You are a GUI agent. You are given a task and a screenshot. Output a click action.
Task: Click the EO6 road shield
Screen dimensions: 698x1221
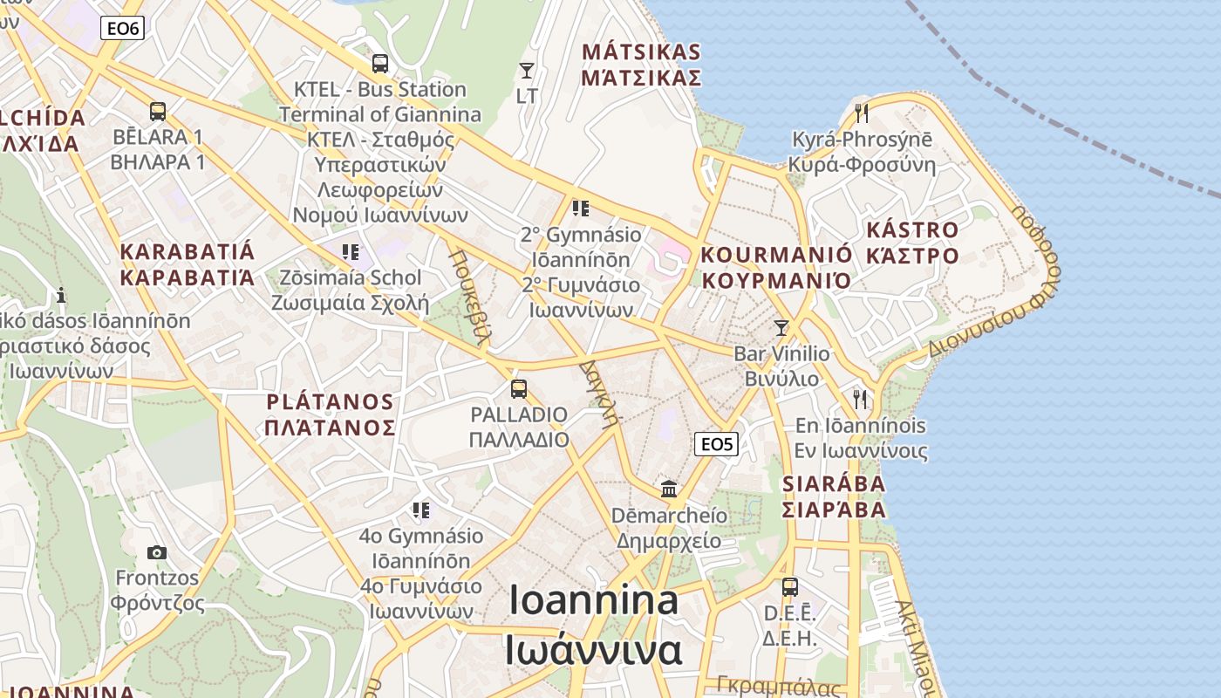click(122, 29)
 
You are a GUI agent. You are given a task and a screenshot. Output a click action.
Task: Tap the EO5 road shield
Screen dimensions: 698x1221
click(717, 444)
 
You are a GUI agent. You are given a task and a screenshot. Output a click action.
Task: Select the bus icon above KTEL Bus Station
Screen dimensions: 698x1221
click(379, 64)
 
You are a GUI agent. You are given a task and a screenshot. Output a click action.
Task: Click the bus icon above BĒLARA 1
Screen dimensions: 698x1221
click(157, 112)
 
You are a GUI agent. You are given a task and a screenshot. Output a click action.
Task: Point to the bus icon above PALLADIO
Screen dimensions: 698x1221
click(519, 388)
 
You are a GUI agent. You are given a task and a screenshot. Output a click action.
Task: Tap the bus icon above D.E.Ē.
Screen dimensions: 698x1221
click(789, 587)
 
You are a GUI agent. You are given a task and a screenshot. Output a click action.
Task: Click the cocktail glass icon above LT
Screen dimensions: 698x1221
click(527, 70)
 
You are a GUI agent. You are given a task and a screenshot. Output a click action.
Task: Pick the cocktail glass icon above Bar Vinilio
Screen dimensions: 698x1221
click(781, 328)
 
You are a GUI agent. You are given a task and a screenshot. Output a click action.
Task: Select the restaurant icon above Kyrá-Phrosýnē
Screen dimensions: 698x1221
click(862, 113)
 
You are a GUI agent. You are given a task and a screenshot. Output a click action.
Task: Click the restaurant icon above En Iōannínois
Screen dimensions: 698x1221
click(861, 400)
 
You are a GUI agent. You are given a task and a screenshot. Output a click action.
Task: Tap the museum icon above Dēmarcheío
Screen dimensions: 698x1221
click(669, 489)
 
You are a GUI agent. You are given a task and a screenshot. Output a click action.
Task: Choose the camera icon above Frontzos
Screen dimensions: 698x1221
click(157, 552)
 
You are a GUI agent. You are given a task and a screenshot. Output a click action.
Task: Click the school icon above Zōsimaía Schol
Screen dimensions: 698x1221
click(351, 252)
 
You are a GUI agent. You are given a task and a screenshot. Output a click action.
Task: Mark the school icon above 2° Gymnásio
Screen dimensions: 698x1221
click(581, 209)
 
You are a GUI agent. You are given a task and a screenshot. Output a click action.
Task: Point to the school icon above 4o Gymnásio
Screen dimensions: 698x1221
click(421, 510)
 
